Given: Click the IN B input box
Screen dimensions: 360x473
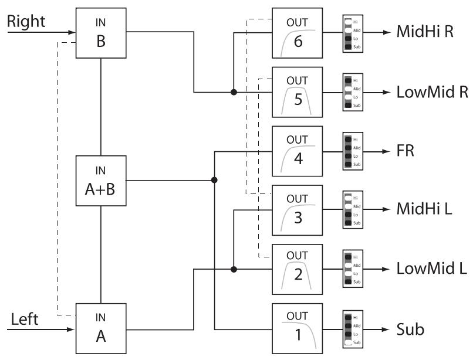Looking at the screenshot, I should (102, 33).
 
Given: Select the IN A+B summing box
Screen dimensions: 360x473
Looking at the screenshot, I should (102, 181).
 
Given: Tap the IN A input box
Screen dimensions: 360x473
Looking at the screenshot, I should (102, 328).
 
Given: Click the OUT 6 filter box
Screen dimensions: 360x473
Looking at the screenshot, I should (297, 33).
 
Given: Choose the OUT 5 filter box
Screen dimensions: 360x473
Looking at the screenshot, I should (297, 92).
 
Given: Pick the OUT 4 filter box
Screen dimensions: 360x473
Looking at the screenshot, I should (297, 151).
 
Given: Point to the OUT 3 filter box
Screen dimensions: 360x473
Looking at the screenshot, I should (297, 210).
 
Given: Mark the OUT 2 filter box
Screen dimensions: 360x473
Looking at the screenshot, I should (297, 269).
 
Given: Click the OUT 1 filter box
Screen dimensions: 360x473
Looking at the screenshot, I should (297, 328).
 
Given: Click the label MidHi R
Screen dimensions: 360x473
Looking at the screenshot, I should (425, 33).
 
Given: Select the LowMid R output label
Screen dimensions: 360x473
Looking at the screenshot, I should (431, 93).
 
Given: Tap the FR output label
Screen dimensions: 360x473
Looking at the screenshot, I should (406, 151).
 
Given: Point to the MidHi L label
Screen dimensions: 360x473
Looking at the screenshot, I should (424, 210).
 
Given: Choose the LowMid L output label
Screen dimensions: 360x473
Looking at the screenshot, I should (430, 269).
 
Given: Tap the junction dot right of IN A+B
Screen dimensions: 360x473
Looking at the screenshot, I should (215, 181).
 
